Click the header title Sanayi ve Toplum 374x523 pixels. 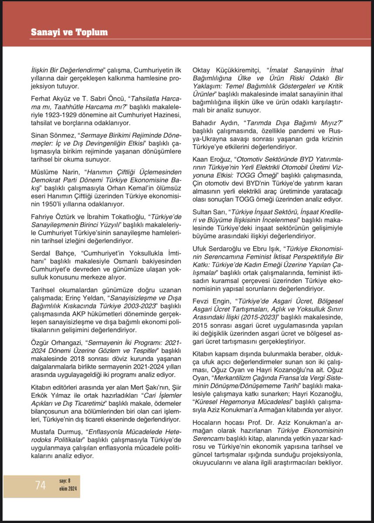69,32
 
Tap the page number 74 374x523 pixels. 41,485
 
